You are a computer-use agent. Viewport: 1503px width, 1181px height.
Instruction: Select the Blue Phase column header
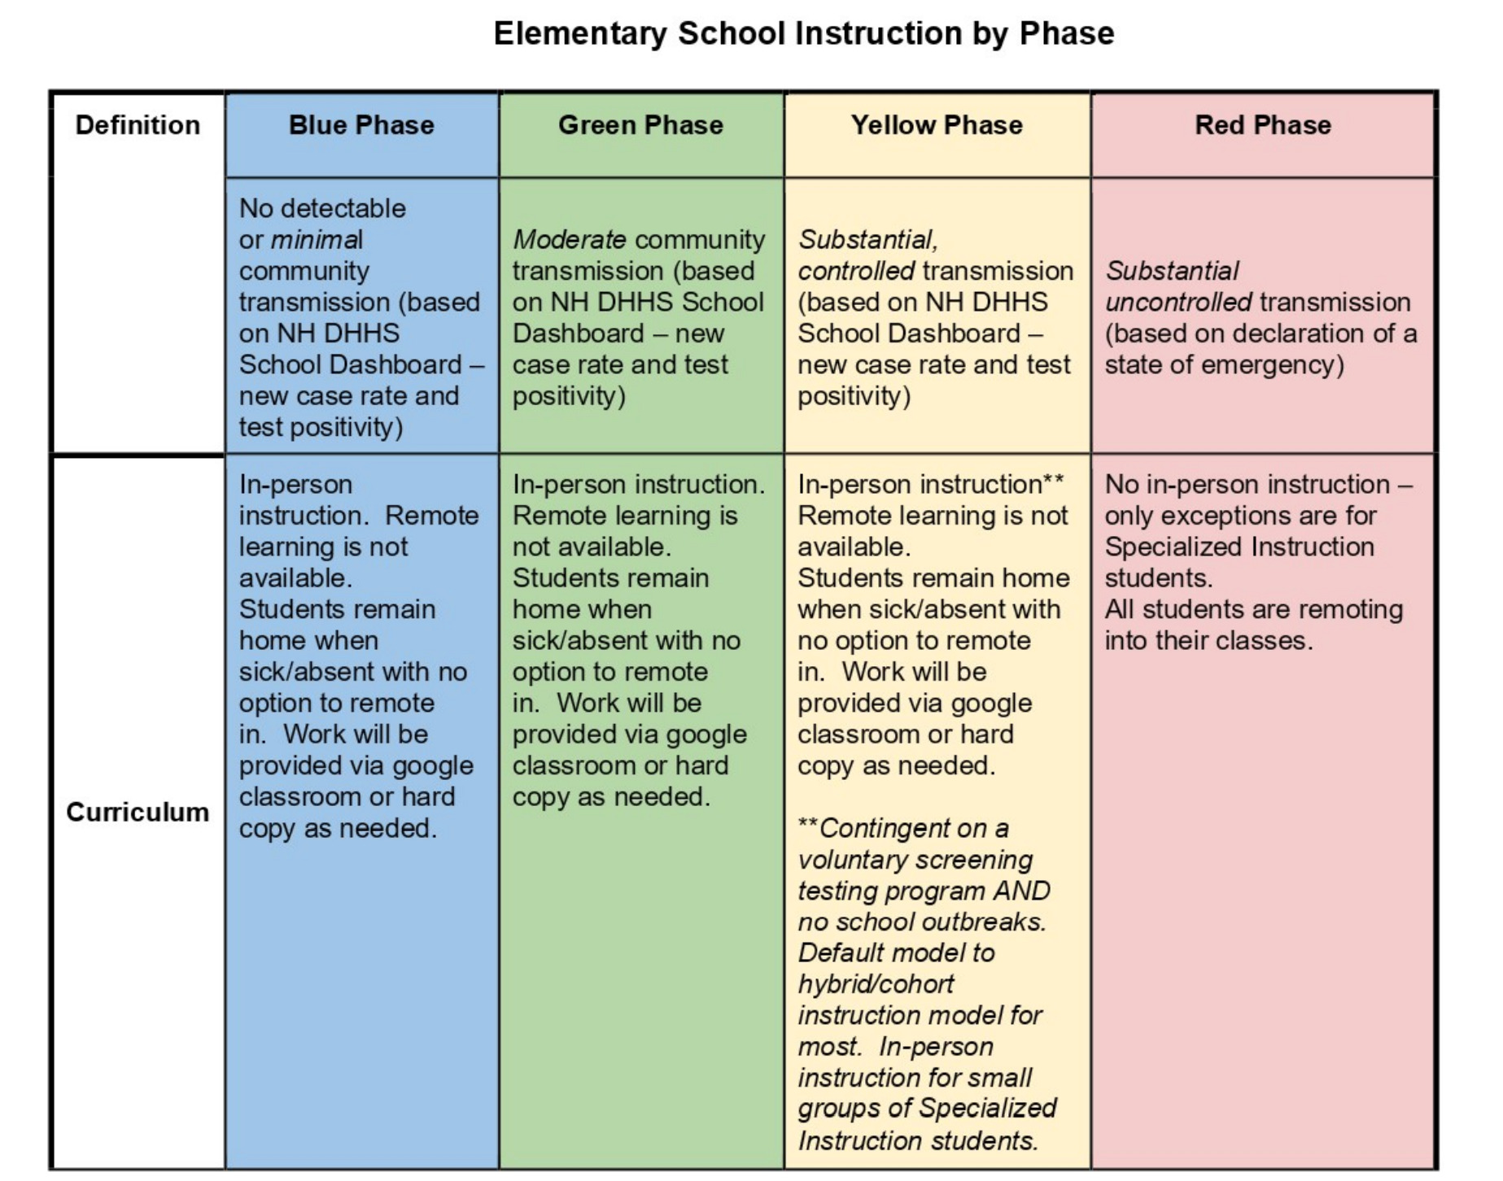361,125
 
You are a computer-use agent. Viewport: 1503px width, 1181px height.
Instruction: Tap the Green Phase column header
640,125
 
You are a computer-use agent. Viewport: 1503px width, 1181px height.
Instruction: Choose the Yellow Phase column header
937,125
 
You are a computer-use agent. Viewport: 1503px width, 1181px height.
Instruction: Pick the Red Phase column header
1263,125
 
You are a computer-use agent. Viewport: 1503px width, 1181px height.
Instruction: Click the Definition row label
138,125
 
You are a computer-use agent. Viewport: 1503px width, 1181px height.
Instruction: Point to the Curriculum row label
138,812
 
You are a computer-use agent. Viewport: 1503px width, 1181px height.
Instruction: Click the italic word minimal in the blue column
317,240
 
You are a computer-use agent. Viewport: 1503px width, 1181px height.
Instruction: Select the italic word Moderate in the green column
569,240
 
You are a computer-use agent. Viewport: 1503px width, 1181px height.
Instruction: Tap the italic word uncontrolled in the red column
1178,303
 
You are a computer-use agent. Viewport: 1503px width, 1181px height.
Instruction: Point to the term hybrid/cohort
876,984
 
